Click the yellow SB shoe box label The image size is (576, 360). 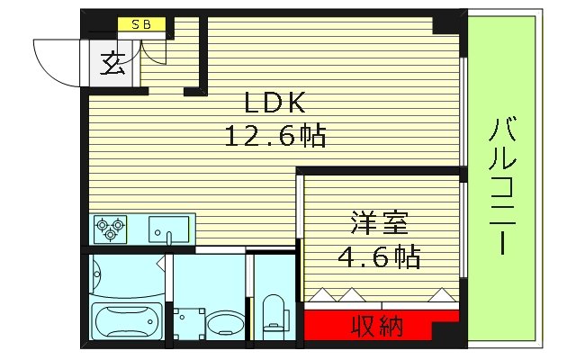point(142,25)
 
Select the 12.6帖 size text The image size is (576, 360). point(274,136)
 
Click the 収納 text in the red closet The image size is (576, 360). point(375,324)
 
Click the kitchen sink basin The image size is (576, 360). point(167,229)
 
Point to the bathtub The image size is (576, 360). point(126,320)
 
